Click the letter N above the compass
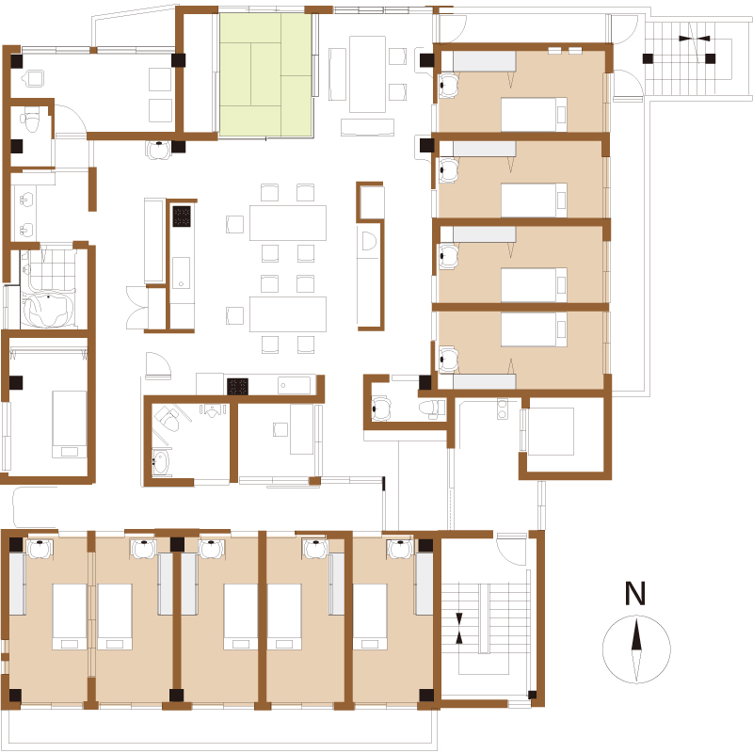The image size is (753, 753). (634, 593)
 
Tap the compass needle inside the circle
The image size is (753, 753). (636, 649)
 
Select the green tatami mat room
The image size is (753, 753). (265, 75)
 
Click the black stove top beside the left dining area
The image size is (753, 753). (182, 216)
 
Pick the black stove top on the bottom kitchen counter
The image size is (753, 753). (237, 386)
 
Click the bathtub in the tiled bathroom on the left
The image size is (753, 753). (48, 310)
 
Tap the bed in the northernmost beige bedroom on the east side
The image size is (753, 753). (534, 114)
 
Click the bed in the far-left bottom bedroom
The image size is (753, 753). (69, 617)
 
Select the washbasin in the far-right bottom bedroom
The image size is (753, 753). (401, 549)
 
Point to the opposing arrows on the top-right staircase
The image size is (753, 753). (695, 39)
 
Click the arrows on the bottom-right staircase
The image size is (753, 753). (459, 628)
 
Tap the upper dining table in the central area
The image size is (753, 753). (288, 223)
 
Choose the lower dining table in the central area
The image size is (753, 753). (288, 314)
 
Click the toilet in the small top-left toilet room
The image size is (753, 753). (32, 122)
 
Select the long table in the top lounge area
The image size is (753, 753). (367, 74)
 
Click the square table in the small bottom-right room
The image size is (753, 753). (551, 431)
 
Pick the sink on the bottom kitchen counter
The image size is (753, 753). (294, 385)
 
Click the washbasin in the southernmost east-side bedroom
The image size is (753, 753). (448, 360)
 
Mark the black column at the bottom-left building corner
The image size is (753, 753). (15, 695)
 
